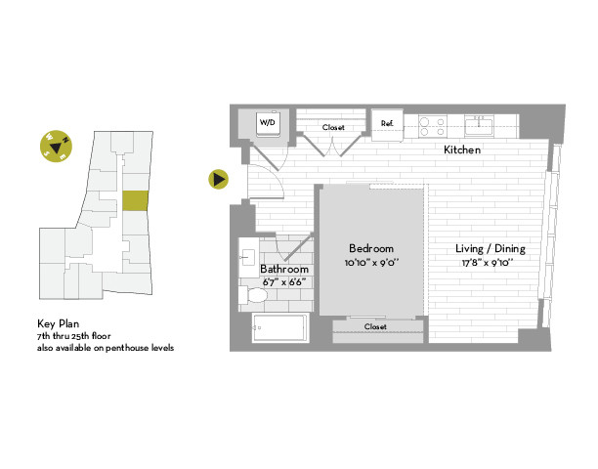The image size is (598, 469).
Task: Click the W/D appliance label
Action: click(x=267, y=123)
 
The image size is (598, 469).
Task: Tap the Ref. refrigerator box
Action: click(x=386, y=123)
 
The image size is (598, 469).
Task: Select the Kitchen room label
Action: click(x=462, y=150)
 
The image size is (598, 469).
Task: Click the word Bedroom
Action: click(x=370, y=248)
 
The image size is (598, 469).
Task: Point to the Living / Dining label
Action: click(x=491, y=248)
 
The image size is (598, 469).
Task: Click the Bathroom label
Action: click(x=284, y=269)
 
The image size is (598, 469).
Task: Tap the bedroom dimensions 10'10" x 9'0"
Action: click(x=370, y=263)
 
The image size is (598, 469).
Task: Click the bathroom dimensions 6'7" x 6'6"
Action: click(x=284, y=282)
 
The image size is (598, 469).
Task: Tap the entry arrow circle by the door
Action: click(x=219, y=179)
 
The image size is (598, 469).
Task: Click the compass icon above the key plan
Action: click(x=56, y=147)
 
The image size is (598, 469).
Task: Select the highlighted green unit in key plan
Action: click(x=135, y=200)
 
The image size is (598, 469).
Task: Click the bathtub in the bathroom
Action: click(x=280, y=329)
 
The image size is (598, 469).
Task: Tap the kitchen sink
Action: click(x=479, y=123)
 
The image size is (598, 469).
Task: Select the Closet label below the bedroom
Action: click(x=375, y=326)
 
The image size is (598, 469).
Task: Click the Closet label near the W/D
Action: click(x=332, y=127)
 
